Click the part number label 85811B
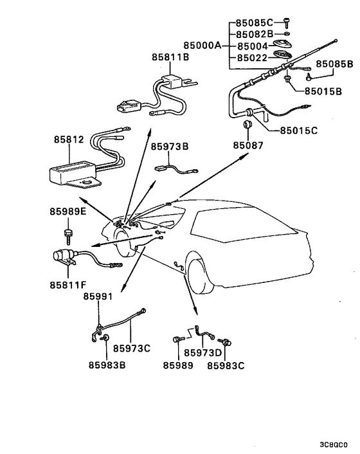point(170,57)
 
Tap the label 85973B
point(170,146)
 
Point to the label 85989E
point(67,211)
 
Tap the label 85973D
point(203,352)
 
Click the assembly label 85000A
point(202,46)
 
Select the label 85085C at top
point(253,22)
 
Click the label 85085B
point(334,65)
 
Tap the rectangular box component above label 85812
point(69,172)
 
